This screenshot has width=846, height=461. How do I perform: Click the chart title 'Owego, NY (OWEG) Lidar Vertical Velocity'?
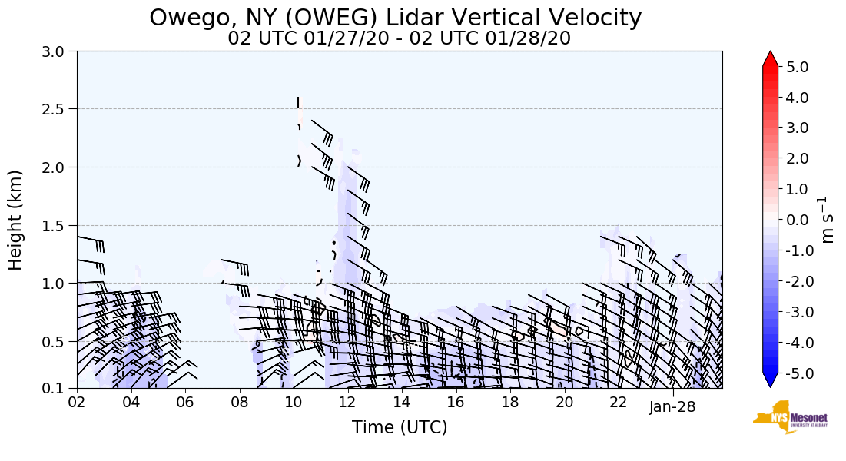[x=395, y=17]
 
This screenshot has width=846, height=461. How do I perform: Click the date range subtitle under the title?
[x=399, y=38]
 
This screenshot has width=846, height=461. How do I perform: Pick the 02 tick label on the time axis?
[x=77, y=403]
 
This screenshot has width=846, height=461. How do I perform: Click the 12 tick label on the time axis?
[x=347, y=403]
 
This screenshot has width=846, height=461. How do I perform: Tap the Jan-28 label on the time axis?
[x=672, y=406]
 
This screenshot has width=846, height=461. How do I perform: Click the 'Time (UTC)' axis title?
[x=399, y=427]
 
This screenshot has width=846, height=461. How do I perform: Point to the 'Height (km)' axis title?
[x=16, y=220]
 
